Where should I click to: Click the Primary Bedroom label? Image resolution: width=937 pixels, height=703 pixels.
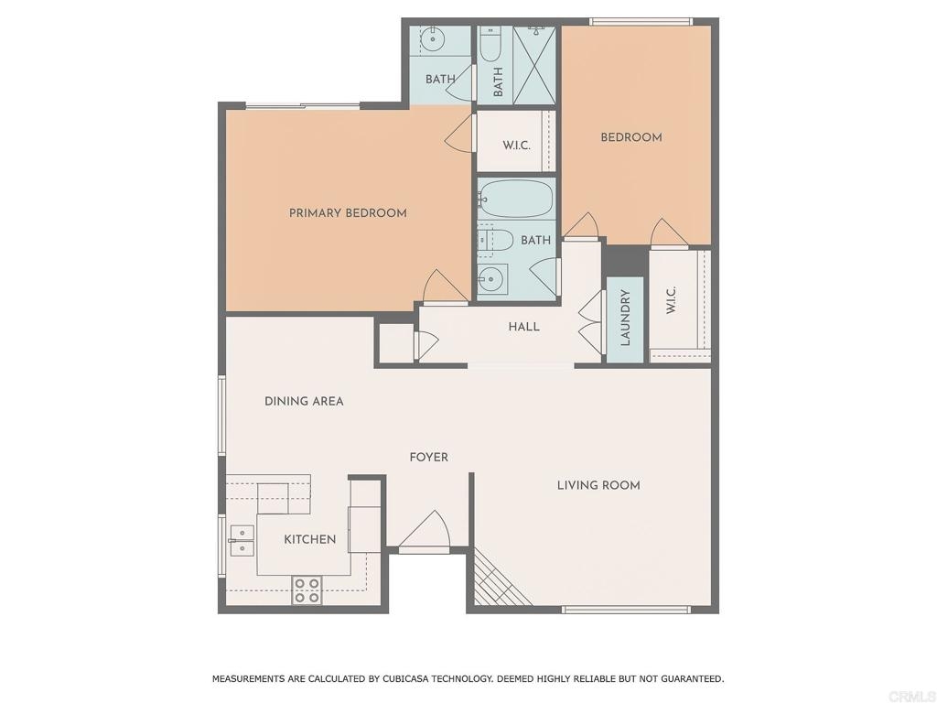tap(348, 212)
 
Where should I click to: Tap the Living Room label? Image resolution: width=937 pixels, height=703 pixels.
tap(598, 485)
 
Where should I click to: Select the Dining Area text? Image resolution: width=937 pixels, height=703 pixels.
tap(304, 401)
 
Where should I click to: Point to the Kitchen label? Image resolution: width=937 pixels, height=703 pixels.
tap(309, 539)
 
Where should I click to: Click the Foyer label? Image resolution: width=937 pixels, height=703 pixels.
tap(428, 458)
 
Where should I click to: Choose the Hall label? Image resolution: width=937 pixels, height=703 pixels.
tap(523, 327)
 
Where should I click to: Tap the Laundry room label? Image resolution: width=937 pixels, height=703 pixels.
tap(626, 318)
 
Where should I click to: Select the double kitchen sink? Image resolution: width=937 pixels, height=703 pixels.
tap(242, 540)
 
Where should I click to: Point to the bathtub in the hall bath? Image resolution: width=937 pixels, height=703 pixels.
tap(516, 200)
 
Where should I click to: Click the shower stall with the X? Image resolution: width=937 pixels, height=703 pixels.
tap(534, 65)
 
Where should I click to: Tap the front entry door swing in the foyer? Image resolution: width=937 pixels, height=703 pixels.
tap(425, 530)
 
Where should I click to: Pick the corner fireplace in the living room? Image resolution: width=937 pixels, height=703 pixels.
tap(497, 579)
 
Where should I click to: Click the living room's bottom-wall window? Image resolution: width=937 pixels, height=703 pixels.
tap(626, 610)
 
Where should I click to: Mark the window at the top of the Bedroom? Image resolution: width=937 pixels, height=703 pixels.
tap(641, 22)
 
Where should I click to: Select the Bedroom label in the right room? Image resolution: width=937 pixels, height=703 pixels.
tap(631, 137)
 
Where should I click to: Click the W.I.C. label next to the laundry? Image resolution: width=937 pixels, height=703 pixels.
tap(671, 300)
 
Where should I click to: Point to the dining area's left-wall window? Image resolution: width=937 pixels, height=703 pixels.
tap(221, 415)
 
